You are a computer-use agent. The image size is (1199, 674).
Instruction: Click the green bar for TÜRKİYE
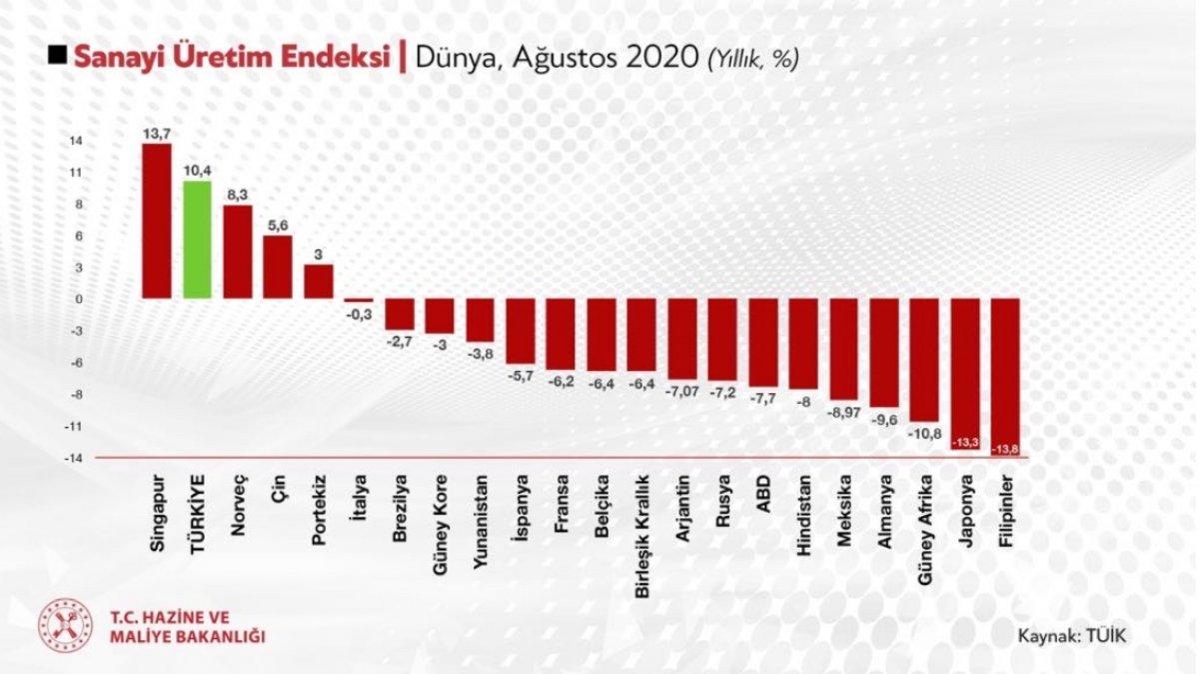click(x=197, y=240)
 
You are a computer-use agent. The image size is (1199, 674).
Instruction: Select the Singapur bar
click(x=157, y=221)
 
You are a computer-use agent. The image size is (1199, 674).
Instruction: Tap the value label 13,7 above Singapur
click(x=157, y=132)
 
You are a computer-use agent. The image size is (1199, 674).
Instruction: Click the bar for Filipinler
click(x=1005, y=376)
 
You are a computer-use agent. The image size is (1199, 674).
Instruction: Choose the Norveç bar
click(x=238, y=252)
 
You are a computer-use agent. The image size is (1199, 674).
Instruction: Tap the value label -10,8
click(x=924, y=433)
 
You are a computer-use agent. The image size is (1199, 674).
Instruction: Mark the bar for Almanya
click(x=884, y=353)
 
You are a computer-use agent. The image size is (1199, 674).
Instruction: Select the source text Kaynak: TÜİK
click(x=1072, y=635)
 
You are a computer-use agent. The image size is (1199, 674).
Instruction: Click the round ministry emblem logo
click(x=65, y=626)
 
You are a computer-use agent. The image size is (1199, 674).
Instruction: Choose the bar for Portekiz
click(x=319, y=281)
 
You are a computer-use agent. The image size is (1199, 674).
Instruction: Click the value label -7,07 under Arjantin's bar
click(x=681, y=387)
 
